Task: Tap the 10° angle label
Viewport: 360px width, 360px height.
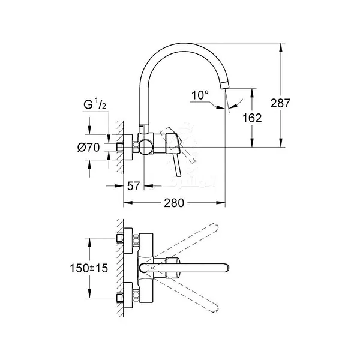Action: coord(200,95)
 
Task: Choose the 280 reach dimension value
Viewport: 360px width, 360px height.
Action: coord(173,203)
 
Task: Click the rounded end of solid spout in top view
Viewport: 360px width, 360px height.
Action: coord(225,267)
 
